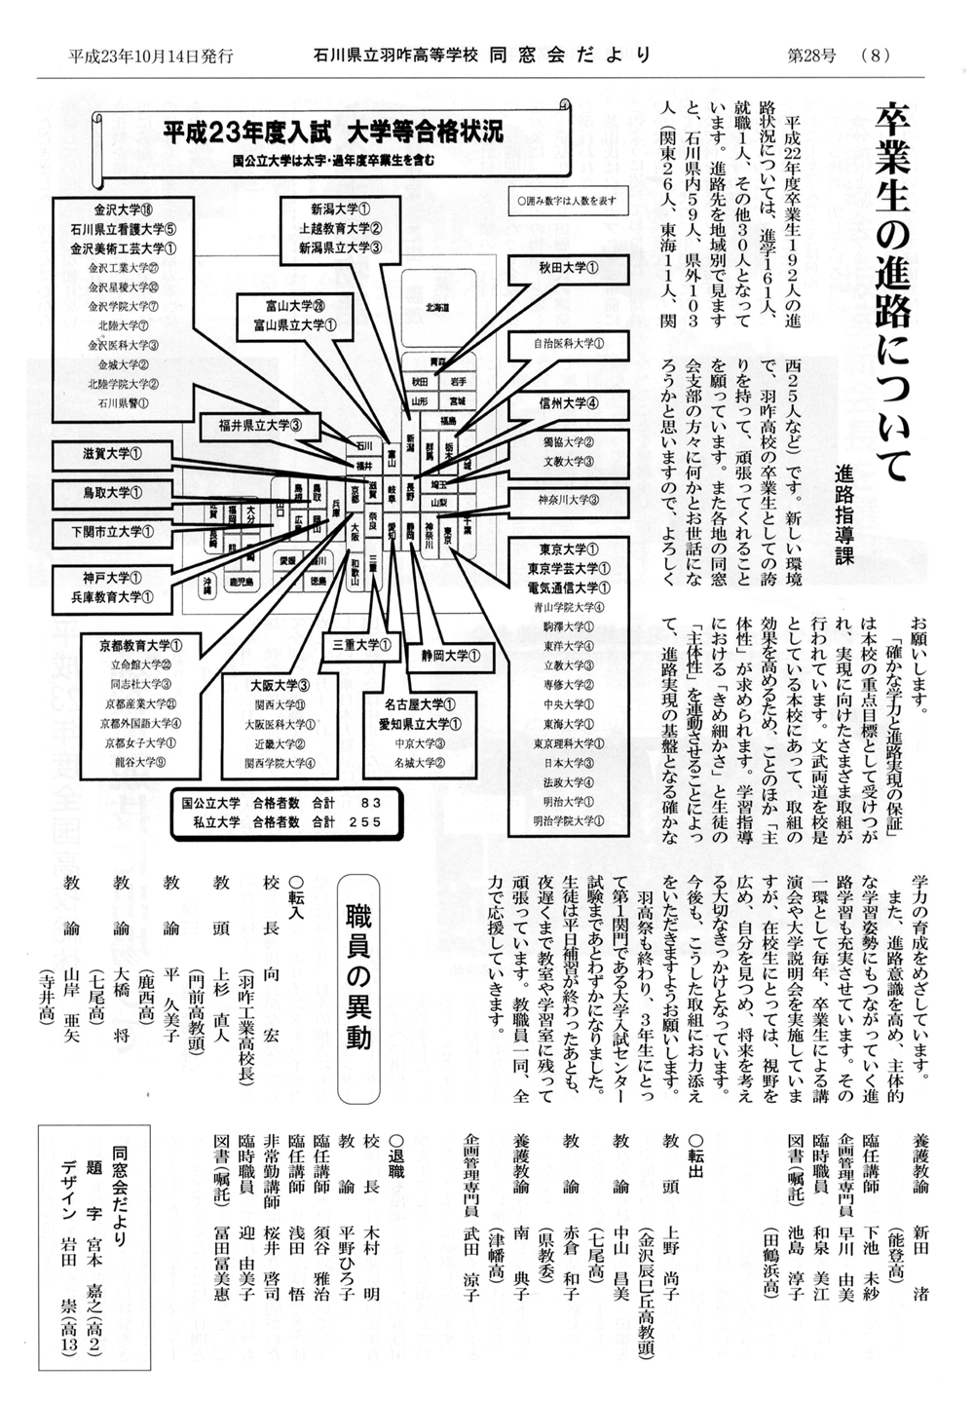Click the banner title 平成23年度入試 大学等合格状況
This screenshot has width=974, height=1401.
coord(332,132)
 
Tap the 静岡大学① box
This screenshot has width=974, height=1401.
coord(450,656)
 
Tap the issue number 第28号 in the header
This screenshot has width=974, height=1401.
coord(811,56)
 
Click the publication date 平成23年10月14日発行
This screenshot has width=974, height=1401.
coord(151,56)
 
